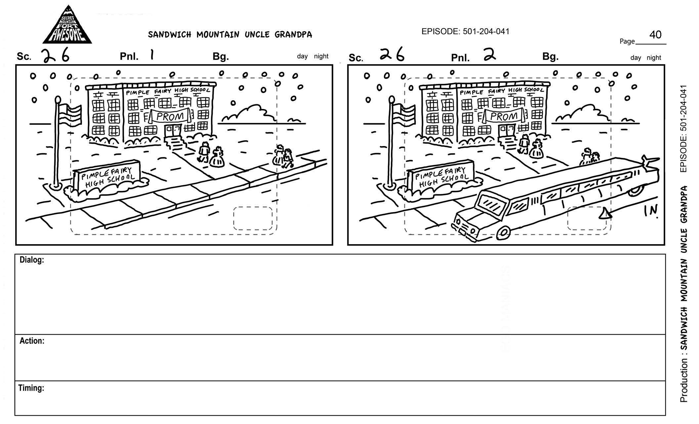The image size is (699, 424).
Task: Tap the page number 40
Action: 655,34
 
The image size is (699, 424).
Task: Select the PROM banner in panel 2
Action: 504,116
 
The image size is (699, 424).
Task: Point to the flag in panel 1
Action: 70,114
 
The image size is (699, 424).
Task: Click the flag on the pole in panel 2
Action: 404,114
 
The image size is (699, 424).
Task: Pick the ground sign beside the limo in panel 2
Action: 441,177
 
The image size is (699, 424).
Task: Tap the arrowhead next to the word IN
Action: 605,214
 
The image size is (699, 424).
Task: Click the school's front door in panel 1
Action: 173,131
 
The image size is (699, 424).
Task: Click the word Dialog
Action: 32,260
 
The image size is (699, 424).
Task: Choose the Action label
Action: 32,341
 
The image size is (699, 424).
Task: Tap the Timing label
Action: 31,388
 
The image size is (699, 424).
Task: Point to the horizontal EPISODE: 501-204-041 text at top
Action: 465,31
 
